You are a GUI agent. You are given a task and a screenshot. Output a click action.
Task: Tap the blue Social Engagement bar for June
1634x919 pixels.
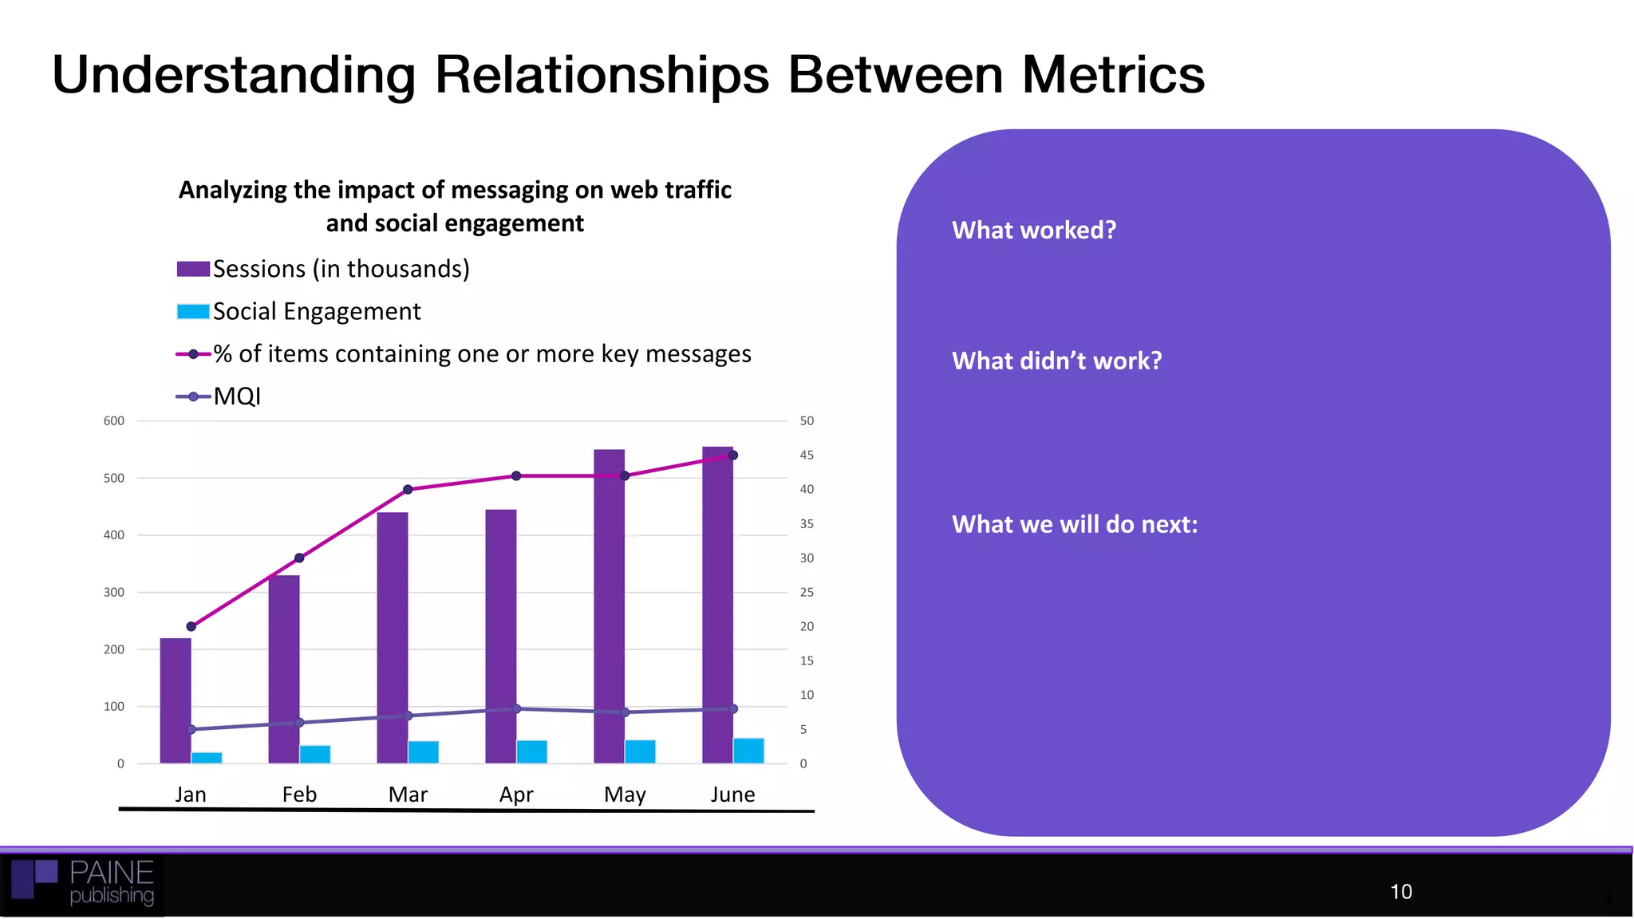point(748,751)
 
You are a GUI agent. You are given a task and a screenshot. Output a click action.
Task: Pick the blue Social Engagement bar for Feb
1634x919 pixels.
point(315,754)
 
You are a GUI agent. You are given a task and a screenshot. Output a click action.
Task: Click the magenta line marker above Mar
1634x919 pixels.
point(408,489)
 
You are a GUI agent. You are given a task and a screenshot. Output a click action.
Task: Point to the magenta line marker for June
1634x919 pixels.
point(733,456)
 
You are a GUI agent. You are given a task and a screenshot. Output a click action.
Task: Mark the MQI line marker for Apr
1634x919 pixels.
point(516,708)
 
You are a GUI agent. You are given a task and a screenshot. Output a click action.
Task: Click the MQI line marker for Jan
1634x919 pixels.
point(191,729)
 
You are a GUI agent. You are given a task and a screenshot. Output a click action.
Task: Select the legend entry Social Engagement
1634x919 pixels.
point(316,311)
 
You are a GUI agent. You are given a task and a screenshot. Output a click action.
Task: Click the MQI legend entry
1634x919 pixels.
point(237,396)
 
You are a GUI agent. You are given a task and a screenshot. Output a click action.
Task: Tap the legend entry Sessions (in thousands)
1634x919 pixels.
point(341,269)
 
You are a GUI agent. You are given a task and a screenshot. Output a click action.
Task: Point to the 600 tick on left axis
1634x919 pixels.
point(114,420)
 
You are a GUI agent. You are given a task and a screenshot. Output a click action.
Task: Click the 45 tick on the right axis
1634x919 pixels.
point(807,455)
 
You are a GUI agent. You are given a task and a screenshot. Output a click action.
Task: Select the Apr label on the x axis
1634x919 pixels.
point(516,795)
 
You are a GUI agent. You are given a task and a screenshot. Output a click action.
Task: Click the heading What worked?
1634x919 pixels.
point(1034,230)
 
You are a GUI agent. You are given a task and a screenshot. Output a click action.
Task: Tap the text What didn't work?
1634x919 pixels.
point(1056,361)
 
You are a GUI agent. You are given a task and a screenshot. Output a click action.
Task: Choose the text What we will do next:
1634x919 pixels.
point(1075,524)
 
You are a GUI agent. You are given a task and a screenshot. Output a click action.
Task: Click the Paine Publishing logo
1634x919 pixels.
point(84,884)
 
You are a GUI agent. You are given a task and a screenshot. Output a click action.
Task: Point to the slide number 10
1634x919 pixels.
point(1400,892)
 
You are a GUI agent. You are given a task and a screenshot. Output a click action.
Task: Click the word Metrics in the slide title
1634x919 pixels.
point(1113,75)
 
